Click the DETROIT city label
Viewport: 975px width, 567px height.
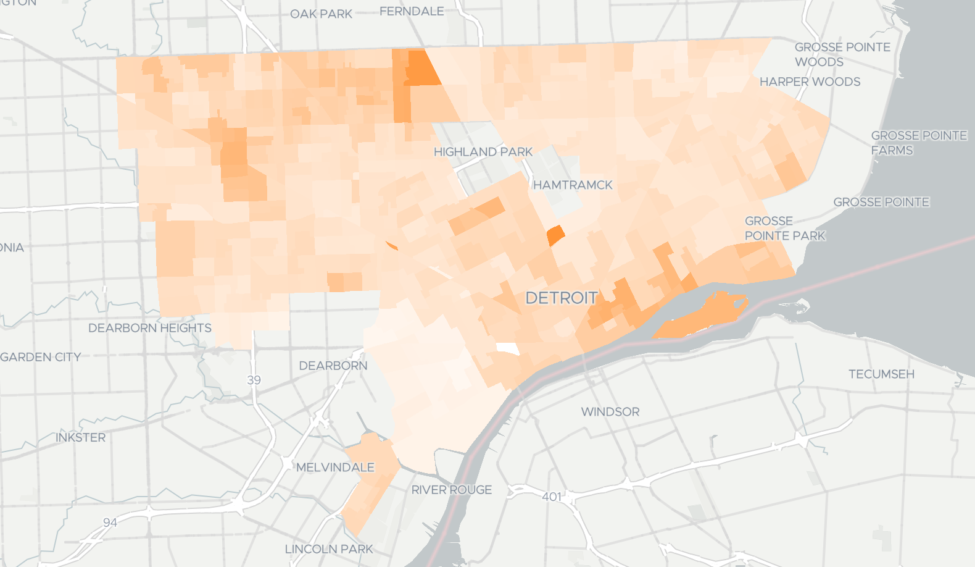point(561,298)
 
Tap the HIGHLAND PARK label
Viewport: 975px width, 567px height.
point(483,152)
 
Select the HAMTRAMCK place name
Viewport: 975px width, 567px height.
point(573,185)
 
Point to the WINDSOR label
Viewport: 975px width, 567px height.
point(610,411)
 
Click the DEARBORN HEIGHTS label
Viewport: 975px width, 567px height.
point(149,328)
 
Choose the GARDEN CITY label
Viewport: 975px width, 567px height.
point(41,357)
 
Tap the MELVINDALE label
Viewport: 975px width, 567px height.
point(335,467)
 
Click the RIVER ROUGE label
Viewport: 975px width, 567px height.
point(452,490)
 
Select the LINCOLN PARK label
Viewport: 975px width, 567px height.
point(329,548)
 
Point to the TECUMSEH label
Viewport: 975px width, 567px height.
point(881,374)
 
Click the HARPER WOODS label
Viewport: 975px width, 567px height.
point(810,82)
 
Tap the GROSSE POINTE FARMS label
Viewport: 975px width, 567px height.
point(918,143)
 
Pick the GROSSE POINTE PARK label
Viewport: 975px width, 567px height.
point(784,228)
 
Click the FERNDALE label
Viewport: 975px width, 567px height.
point(412,11)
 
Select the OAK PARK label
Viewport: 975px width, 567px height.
point(321,14)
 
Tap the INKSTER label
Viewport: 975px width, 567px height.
point(80,437)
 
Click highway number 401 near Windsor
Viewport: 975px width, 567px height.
point(552,497)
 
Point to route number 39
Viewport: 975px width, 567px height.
point(254,380)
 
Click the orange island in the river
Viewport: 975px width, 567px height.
point(703,316)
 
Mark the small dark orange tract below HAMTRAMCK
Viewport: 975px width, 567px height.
point(555,236)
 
